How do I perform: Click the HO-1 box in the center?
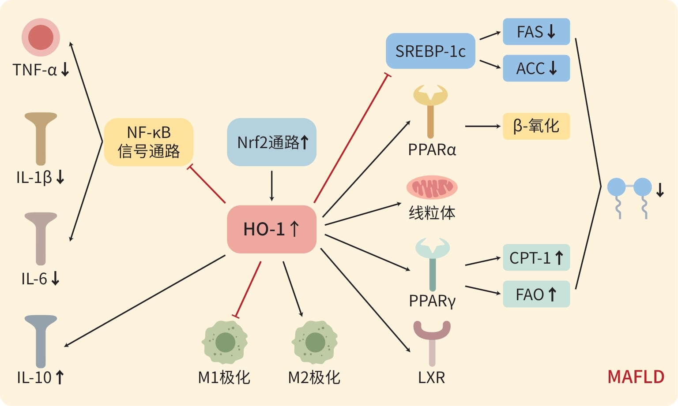[271, 229]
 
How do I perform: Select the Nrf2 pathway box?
[271, 142]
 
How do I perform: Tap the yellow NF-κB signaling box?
[149, 142]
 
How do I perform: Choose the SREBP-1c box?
[430, 51]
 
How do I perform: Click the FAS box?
[536, 32]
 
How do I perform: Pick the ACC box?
[536, 68]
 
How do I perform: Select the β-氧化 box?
[536, 126]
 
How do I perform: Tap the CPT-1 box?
[536, 257]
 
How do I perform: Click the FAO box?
[536, 294]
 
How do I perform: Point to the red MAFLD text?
[636, 377]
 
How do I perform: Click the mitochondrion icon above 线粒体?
[432, 187]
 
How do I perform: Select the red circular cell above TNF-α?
[41, 37]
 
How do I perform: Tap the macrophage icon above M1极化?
[225, 342]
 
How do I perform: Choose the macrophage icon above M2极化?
[315, 342]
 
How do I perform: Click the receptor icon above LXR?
[432, 342]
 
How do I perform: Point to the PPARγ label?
[432, 301]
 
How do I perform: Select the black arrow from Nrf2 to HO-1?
[271, 186]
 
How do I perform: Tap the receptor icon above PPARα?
[430, 110]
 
